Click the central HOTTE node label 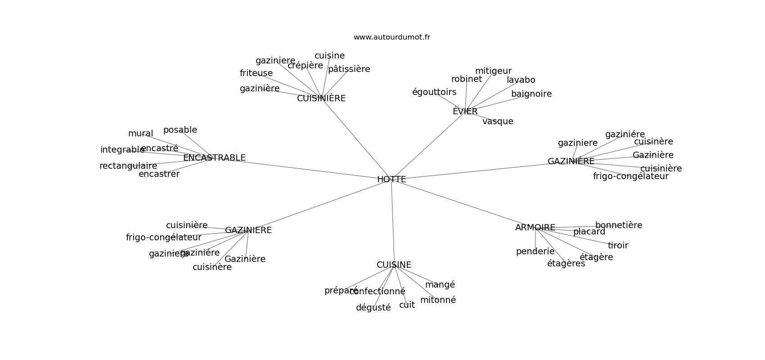pyautogui.click(x=391, y=179)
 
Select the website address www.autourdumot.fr pyautogui.click(x=391, y=37)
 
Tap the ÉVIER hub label pyautogui.click(x=465, y=111)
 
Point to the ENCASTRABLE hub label pyautogui.click(x=214, y=158)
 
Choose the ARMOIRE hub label pyautogui.click(x=535, y=228)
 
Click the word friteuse pyautogui.click(x=256, y=73)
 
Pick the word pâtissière pyautogui.click(x=349, y=69)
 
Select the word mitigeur pyautogui.click(x=493, y=71)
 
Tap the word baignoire pyautogui.click(x=531, y=94)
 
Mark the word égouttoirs pyautogui.click(x=434, y=92)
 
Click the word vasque pyautogui.click(x=498, y=121)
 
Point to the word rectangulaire pyautogui.click(x=128, y=166)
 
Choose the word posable pyautogui.click(x=180, y=130)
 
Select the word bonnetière pyautogui.click(x=619, y=225)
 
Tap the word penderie pyautogui.click(x=535, y=252)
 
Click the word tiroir pyautogui.click(x=618, y=246)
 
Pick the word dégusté pyautogui.click(x=373, y=308)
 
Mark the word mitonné pyautogui.click(x=438, y=300)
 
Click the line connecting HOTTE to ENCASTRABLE pyautogui.click(x=306, y=169)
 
